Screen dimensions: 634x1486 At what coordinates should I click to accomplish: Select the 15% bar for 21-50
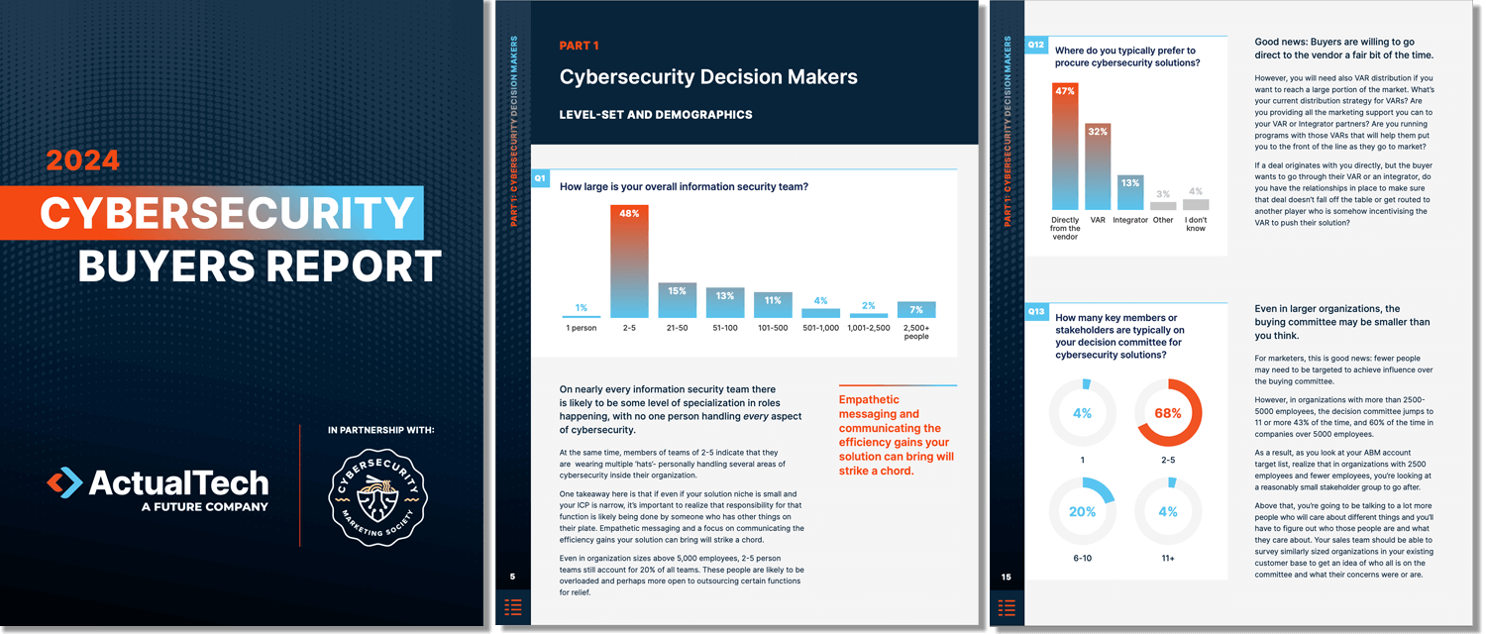tap(678, 300)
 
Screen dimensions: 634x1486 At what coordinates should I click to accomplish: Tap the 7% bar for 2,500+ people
tap(915, 309)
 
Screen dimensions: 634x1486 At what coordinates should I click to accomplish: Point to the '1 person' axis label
tap(582, 328)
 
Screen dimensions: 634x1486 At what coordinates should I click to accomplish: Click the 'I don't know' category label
tap(1196, 224)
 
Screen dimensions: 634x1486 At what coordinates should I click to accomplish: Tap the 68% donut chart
tap(1168, 412)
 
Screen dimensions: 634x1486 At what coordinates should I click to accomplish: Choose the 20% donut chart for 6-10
tap(1082, 511)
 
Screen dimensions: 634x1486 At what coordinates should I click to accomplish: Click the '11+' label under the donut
tap(1168, 559)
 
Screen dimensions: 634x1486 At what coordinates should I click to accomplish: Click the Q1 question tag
tap(540, 178)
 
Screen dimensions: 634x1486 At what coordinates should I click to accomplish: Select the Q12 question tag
tap(1035, 45)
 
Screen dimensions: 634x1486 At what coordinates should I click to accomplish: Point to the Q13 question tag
tap(1035, 311)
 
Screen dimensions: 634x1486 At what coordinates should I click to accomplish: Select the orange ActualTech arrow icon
tap(64, 482)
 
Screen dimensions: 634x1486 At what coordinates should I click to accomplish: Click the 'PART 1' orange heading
tap(579, 46)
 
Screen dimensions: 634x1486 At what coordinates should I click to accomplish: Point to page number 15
tap(1007, 577)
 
